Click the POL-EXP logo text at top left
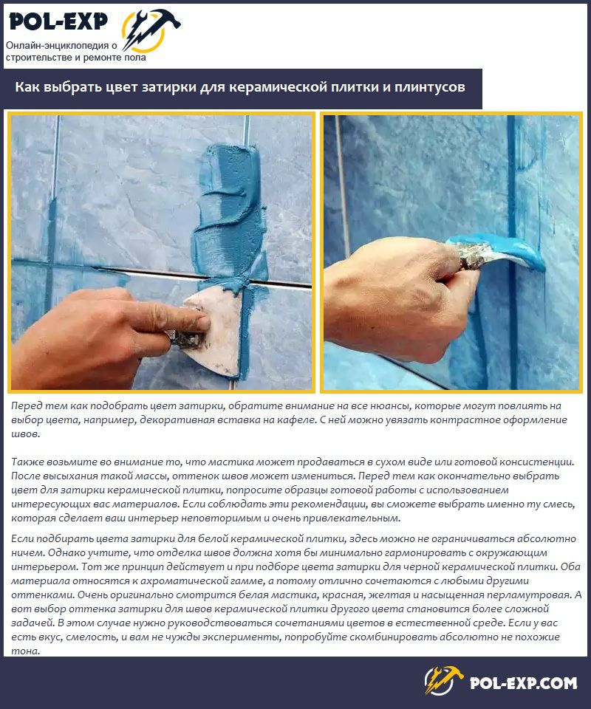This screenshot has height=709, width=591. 58,21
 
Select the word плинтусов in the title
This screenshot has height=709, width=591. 429,87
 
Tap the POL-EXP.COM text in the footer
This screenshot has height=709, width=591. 523,682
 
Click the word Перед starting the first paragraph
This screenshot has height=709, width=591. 27,405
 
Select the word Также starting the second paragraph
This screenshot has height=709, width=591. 27,462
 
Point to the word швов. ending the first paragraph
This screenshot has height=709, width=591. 26,434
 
